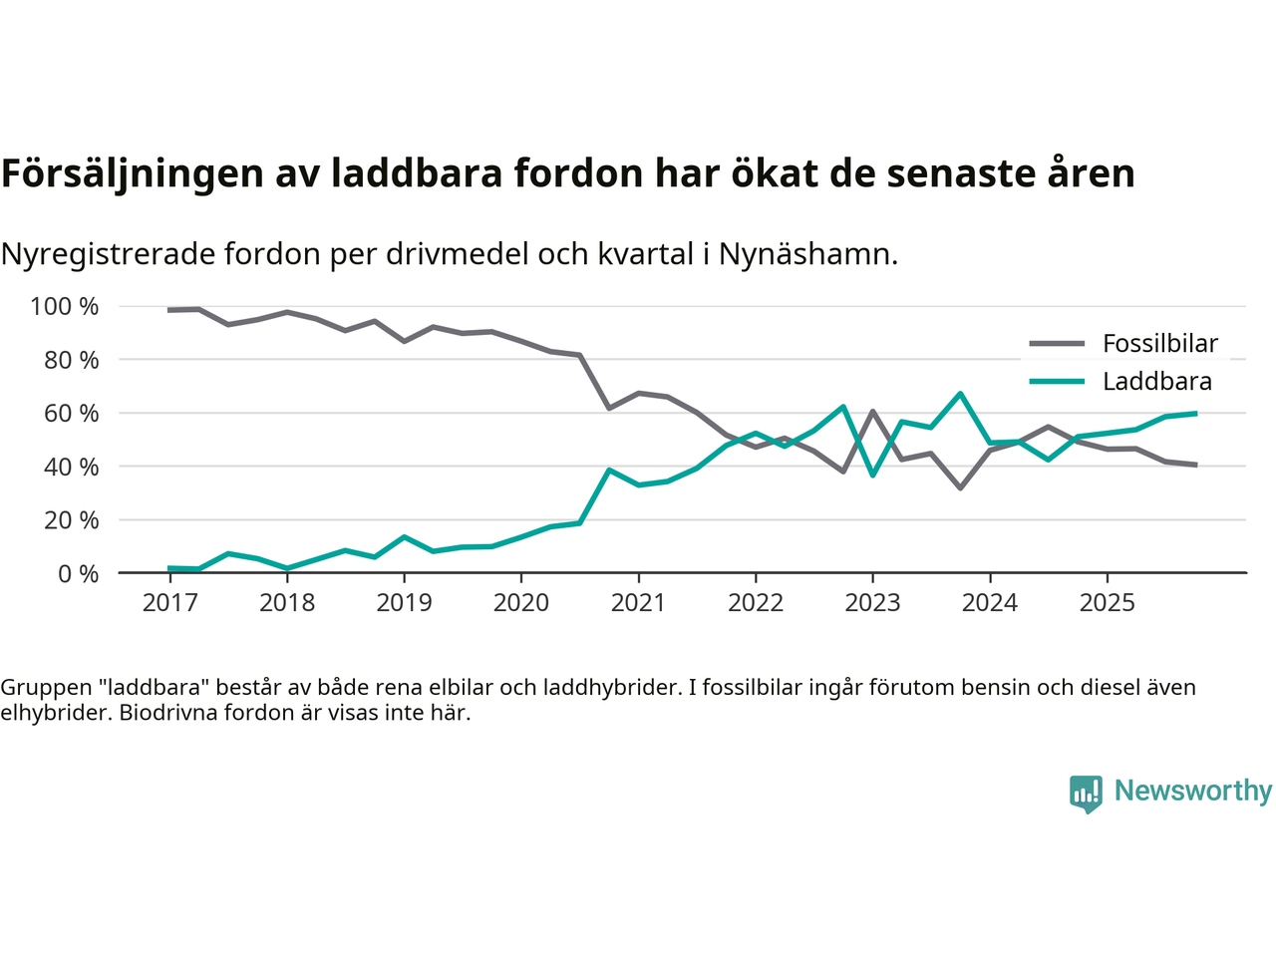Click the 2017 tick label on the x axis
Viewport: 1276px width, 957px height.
pos(169,602)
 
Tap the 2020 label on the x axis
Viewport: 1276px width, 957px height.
pos(521,602)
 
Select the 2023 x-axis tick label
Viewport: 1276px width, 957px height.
pos(872,602)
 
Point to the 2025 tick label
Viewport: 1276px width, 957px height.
pos(1107,602)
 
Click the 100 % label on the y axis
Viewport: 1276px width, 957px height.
pos(65,306)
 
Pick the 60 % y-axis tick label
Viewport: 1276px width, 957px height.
pos(71,413)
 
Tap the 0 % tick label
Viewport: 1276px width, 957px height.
pos(77,573)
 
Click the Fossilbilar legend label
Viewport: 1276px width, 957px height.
pos(1160,344)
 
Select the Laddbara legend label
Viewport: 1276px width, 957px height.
pos(1157,382)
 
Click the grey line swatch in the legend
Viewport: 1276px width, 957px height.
pos(1057,344)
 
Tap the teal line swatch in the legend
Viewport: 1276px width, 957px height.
pos(1057,382)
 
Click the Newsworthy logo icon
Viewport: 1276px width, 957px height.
pos(1086,794)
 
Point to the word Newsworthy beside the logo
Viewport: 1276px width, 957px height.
pos(1193,791)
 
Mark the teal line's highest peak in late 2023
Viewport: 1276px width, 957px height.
pos(960,394)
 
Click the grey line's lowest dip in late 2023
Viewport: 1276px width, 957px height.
pos(960,487)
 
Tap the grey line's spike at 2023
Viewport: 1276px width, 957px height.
pos(872,412)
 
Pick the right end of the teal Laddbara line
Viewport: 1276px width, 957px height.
pos(1194,413)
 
